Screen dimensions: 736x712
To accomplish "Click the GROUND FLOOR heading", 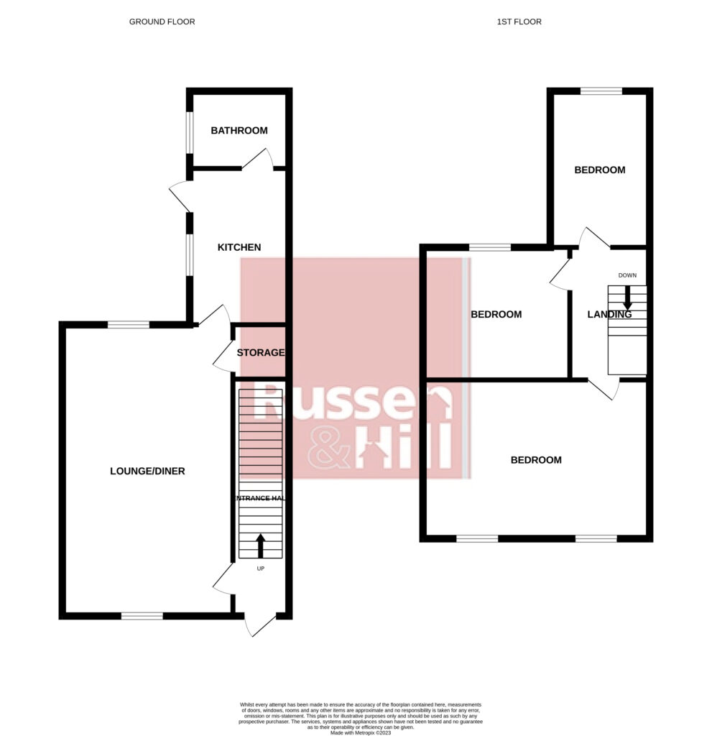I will click(x=162, y=22).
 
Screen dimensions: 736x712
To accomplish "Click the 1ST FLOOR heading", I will click(x=519, y=22).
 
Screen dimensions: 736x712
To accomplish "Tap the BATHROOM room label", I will click(x=239, y=131).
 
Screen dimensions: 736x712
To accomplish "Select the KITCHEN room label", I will click(x=239, y=247).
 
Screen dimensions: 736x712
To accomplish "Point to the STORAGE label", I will click(x=261, y=353).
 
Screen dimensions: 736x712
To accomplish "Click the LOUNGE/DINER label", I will click(x=147, y=471).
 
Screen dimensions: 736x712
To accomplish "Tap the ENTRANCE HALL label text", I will click(x=259, y=498).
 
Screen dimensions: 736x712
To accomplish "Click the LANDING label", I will click(x=609, y=314).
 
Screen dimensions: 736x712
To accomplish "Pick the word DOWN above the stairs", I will click(x=627, y=275).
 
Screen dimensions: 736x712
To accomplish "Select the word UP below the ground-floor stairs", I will click(x=260, y=569).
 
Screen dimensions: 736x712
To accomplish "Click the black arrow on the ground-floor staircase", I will click(x=260, y=546).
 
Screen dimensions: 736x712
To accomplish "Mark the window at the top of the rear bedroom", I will click(x=601, y=91).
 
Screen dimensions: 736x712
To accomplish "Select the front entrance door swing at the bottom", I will click(x=259, y=625).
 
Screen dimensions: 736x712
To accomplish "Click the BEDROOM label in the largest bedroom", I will click(x=535, y=460).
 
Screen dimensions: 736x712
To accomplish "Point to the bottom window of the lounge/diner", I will click(x=142, y=616).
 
